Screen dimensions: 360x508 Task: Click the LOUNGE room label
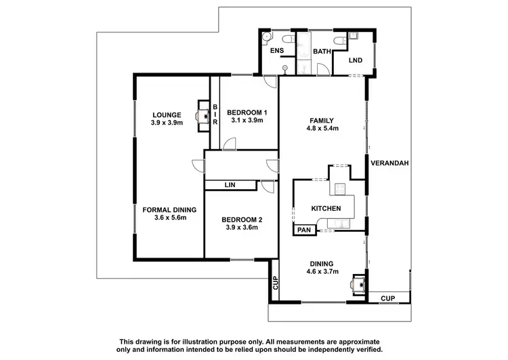[x=165, y=114]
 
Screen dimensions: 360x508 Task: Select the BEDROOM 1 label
[x=247, y=112]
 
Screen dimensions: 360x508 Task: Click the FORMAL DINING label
[x=164, y=209]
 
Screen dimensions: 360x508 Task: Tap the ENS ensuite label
[x=277, y=51]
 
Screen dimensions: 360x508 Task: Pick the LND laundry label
[x=355, y=61]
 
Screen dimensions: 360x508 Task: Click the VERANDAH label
[x=390, y=163]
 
